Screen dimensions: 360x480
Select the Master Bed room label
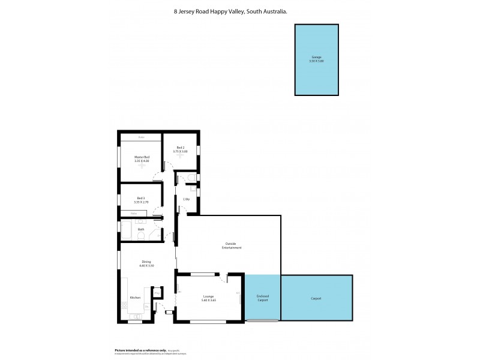[142, 157]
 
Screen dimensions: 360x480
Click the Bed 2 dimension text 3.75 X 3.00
[181, 151]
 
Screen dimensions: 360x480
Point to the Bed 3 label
[141, 198]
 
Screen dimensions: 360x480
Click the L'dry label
[187, 199]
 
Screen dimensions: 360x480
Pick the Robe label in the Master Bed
[141, 137]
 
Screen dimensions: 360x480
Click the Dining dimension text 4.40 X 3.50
[146, 265]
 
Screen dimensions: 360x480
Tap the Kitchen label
[135, 298]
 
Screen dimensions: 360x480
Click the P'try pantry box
[157, 293]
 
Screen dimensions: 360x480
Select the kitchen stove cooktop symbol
[124, 306]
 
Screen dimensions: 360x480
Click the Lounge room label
[209, 296]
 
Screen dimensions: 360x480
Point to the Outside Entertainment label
[229, 245]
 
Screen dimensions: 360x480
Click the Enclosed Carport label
[262, 298]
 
